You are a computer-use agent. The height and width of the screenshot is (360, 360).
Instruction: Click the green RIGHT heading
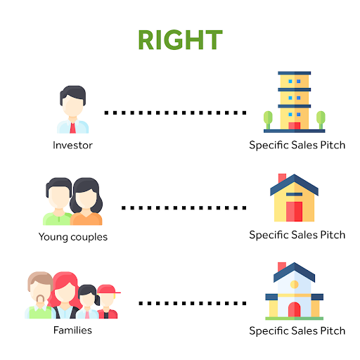(180, 40)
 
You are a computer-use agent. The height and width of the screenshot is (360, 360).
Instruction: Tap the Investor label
(72, 146)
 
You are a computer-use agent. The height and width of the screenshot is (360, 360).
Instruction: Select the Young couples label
(73, 237)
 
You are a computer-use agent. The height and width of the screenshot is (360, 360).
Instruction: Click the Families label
(72, 330)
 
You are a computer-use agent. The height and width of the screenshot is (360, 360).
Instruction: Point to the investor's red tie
(72, 128)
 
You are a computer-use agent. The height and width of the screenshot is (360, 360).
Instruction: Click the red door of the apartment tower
(295, 126)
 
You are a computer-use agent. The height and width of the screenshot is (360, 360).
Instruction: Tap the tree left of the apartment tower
(268, 120)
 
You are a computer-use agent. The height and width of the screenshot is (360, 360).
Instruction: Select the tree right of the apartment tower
(321, 120)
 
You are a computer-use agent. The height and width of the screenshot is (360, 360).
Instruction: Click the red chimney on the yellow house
(282, 178)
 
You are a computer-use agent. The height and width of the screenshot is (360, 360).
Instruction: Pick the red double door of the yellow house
(294, 212)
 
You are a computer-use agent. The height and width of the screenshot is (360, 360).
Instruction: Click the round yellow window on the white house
(295, 285)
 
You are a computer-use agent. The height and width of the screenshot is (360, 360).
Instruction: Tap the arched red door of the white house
(295, 309)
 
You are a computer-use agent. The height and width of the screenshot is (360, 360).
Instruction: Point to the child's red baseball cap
(108, 289)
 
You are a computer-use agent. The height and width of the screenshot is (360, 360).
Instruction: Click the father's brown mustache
(40, 298)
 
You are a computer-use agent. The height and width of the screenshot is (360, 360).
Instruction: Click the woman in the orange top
(86, 202)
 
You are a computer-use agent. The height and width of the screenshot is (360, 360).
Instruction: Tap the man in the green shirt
(58, 202)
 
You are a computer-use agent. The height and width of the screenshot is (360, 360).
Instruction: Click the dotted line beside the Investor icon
(175, 112)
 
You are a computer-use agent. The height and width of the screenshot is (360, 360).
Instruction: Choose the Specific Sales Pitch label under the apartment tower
(297, 146)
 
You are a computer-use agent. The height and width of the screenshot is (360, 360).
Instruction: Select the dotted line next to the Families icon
(193, 303)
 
